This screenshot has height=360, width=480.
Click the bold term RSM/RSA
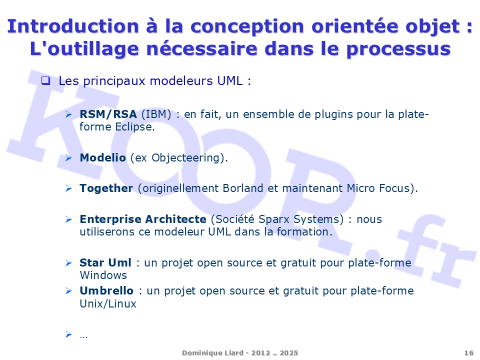[x=108, y=114]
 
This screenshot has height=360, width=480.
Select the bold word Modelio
[x=102, y=158]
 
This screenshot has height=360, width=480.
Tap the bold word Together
[x=106, y=188]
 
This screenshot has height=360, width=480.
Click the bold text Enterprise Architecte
[x=142, y=219]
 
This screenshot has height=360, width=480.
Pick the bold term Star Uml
[x=105, y=263]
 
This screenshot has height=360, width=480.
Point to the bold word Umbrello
[x=106, y=291]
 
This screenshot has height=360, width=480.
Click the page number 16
[x=468, y=353]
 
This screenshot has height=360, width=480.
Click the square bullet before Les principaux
[x=45, y=80]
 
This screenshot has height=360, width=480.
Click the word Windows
[x=103, y=275]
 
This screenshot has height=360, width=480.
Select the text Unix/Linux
[x=108, y=303]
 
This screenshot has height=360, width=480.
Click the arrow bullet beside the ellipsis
[x=68, y=334]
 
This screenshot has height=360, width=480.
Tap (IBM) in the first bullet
[x=156, y=114]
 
